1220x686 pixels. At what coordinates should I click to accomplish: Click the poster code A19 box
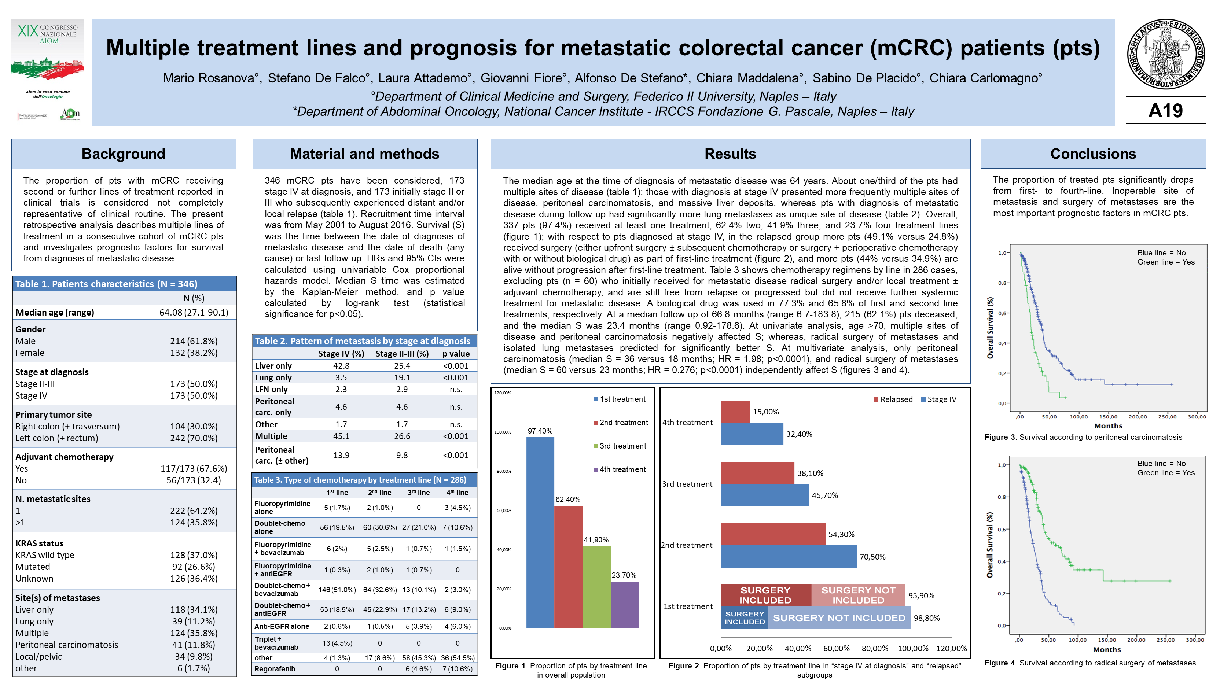click(1165, 110)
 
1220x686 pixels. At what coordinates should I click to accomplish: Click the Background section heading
click(124, 154)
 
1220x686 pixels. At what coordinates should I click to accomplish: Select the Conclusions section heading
click(1093, 154)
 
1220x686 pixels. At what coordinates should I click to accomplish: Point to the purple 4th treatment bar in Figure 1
click(624, 605)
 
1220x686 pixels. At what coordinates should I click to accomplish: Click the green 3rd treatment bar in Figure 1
click(596, 587)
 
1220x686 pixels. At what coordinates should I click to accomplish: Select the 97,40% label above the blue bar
click(540, 431)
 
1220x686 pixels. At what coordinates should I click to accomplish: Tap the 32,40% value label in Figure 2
click(799, 434)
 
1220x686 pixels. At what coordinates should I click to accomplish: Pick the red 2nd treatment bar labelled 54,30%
click(773, 534)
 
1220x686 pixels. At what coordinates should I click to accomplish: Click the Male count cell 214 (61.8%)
click(194, 341)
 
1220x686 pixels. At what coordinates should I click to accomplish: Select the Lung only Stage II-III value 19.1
click(402, 377)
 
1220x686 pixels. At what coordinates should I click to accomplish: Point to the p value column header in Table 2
click(456, 354)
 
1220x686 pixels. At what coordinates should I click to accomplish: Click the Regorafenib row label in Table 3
click(275, 669)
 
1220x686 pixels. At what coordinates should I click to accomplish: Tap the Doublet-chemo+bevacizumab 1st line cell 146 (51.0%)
click(337, 589)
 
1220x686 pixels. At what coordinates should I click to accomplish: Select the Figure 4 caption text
click(1090, 663)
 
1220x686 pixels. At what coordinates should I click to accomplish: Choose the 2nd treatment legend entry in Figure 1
click(621, 422)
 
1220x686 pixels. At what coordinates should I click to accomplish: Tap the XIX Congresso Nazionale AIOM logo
click(48, 70)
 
